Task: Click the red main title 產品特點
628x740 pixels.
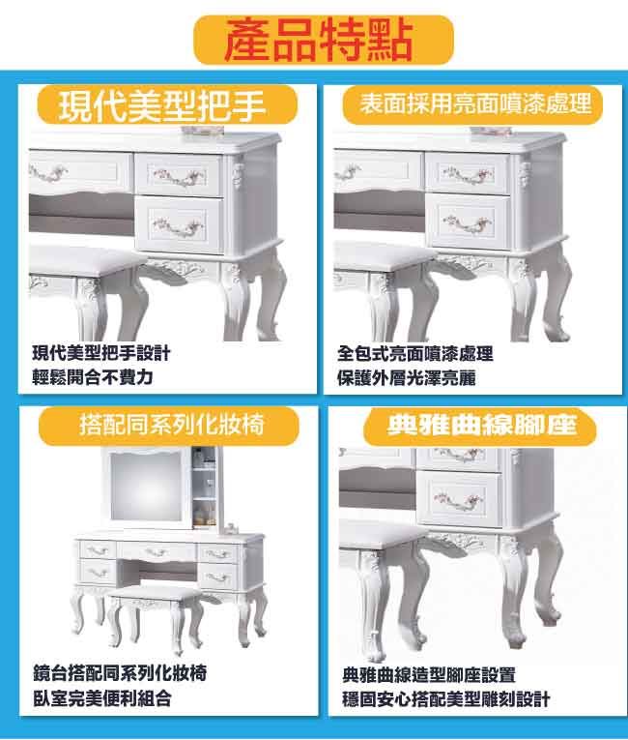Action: click(319, 40)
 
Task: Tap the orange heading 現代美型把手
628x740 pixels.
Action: click(162, 106)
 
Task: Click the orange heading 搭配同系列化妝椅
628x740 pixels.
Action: click(171, 424)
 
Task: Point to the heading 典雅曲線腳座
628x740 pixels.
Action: click(482, 425)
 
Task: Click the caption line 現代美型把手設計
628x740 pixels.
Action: click(101, 353)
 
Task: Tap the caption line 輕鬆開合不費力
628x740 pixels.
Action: click(93, 377)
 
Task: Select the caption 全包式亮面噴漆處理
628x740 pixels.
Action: click(414, 353)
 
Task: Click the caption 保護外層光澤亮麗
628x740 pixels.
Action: click(406, 378)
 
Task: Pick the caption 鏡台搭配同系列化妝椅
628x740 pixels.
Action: click(120, 673)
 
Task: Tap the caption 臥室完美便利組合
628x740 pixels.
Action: click(101, 698)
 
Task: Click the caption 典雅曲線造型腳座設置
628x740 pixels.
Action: click(429, 675)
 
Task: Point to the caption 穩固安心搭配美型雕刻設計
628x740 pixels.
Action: click(446, 699)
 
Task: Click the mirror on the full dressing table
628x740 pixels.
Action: click(146, 487)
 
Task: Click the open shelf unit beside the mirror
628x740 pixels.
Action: click(205, 488)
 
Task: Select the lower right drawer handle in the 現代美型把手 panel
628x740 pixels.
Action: click(179, 226)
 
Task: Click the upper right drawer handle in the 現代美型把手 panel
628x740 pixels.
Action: click(180, 176)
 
